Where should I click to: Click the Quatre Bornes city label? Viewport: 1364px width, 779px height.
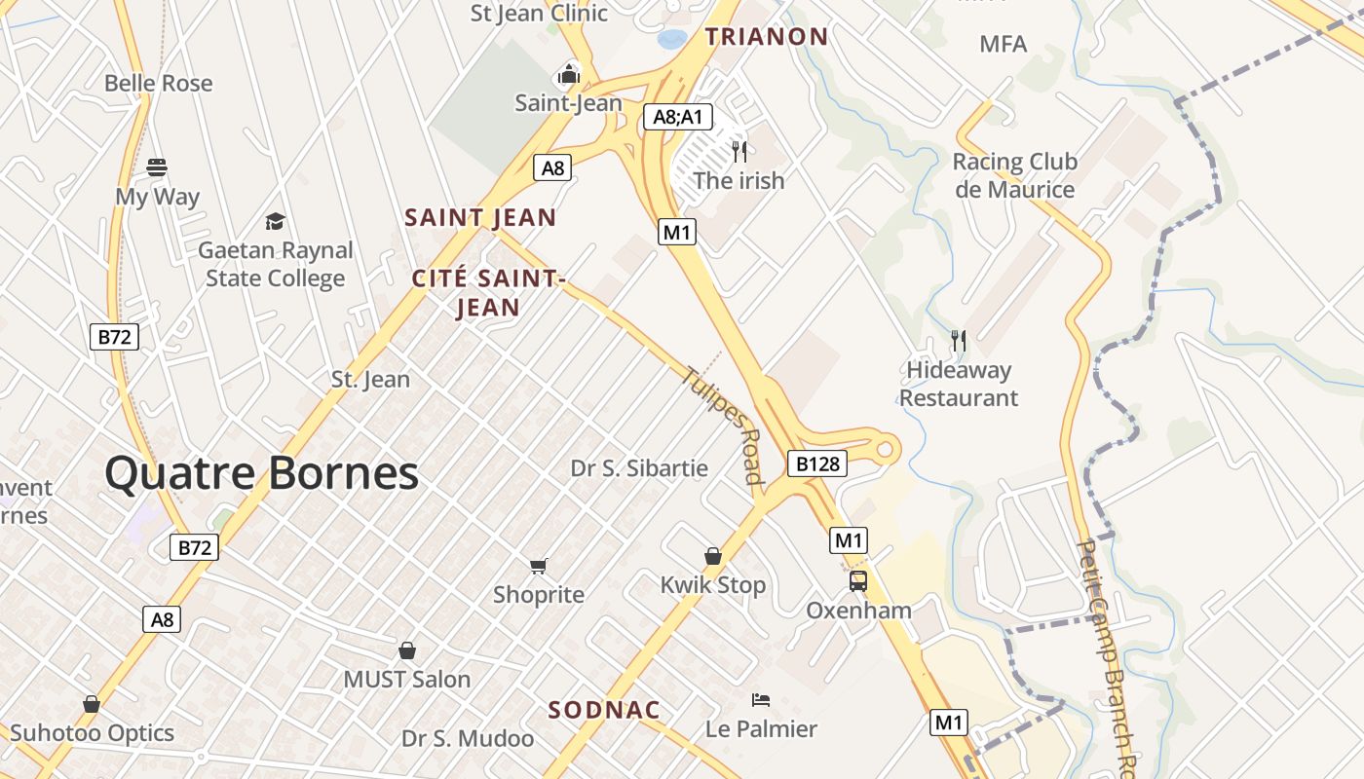coord(261,473)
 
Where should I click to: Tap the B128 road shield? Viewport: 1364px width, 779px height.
coord(816,464)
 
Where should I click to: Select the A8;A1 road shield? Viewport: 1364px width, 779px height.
coord(678,118)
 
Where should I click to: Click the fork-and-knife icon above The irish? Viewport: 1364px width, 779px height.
coord(739,151)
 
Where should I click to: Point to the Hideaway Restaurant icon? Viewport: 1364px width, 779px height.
coord(959,341)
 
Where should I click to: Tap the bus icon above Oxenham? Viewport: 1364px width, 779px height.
coord(858,581)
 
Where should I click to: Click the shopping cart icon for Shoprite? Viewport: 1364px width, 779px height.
coord(539,566)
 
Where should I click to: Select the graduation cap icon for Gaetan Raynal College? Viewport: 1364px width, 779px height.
coord(276,221)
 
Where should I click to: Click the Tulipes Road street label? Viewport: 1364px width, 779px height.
coord(723,425)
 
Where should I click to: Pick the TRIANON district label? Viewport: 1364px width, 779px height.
coord(767,37)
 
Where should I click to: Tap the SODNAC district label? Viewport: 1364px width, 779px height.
coord(604,710)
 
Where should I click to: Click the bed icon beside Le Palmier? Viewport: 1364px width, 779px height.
coord(761,700)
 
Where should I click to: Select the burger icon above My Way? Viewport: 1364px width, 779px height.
coord(157,167)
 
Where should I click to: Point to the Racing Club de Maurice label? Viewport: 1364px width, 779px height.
coord(1014,175)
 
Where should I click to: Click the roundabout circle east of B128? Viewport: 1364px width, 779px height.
coord(886,450)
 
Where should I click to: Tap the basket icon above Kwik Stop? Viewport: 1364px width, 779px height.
coord(713,556)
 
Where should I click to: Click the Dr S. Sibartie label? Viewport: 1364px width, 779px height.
coord(639,468)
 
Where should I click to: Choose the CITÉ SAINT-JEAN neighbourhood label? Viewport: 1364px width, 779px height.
coord(488,293)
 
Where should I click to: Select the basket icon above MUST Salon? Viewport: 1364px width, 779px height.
coord(407,650)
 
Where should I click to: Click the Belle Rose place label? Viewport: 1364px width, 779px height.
coord(158,84)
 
